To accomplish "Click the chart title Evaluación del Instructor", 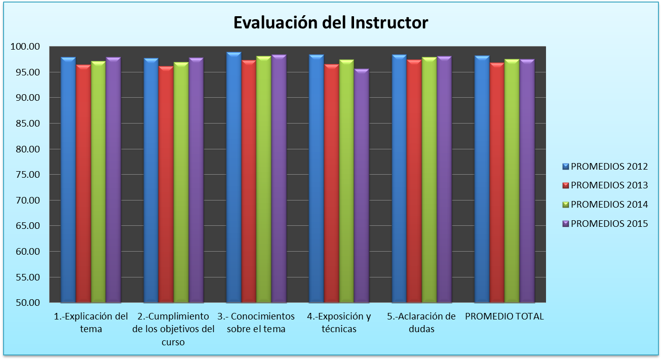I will click(x=330, y=23).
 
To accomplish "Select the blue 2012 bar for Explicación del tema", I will click(x=68, y=177).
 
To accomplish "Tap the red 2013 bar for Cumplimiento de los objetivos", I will click(x=166, y=182).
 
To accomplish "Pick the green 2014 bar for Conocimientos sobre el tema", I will click(x=263, y=177).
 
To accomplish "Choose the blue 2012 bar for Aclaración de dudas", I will click(x=399, y=177).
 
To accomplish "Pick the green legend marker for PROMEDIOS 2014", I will click(x=566, y=205).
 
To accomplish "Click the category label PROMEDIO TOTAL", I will click(x=504, y=316).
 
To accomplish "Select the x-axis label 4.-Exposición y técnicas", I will click(x=339, y=323).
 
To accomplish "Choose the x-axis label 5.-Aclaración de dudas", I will click(x=421, y=323).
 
